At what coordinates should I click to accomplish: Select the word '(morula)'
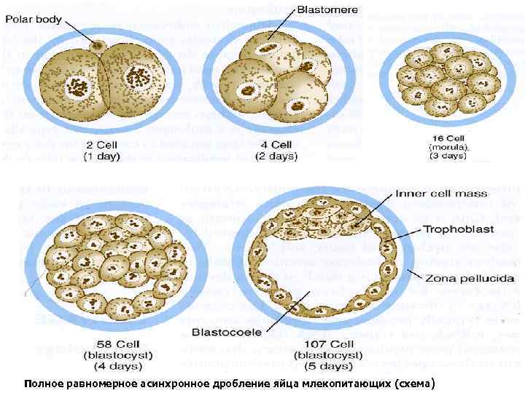448,146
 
